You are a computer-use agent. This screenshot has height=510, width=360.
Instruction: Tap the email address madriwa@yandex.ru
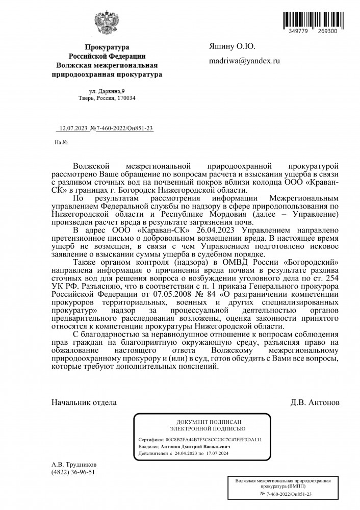245,61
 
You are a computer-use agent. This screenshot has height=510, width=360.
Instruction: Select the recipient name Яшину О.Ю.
232,46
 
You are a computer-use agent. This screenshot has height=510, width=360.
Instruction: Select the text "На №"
61,142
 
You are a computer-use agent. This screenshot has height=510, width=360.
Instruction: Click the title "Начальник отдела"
84,402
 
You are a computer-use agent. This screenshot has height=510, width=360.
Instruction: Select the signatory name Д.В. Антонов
315,402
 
